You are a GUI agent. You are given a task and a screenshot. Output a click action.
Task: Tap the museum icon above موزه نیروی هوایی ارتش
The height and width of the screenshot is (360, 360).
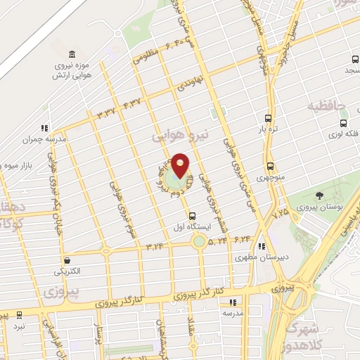[x=73, y=56]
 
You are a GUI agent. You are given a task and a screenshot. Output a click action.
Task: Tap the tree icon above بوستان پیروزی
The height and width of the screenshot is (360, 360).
[x=321, y=196]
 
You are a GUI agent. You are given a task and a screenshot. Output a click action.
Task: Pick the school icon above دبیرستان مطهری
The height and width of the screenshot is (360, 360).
[x=261, y=246]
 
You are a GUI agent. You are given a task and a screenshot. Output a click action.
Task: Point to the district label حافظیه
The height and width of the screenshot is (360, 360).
[x=328, y=106]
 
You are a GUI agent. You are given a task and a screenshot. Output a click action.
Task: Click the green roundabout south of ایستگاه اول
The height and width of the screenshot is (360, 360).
[x=200, y=241]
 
